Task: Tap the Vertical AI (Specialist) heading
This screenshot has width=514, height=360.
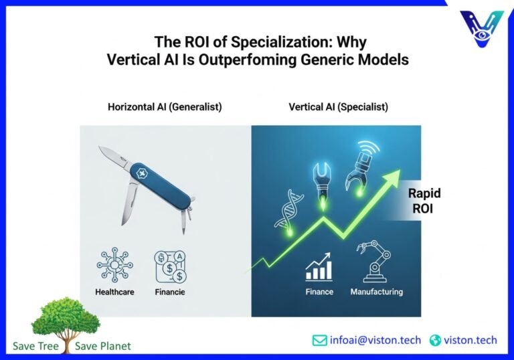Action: pyautogui.click(x=338, y=107)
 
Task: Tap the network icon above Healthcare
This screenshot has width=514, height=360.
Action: pyautogui.click(x=114, y=266)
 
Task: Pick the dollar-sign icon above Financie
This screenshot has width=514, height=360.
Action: pyautogui.click(x=169, y=266)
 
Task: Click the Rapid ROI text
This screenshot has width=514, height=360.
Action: pyautogui.click(x=424, y=200)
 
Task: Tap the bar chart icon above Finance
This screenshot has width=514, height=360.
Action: pyautogui.click(x=319, y=267)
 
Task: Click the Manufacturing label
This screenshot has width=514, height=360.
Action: pyautogui.click(x=377, y=292)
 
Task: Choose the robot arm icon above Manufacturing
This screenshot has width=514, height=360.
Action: pyautogui.click(x=375, y=262)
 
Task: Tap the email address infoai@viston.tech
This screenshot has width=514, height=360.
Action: pyautogui.click(x=375, y=340)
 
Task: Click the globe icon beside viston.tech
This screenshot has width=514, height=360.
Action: pyautogui.click(x=436, y=341)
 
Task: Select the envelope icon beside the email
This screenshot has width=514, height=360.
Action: pyautogui.click(x=320, y=341)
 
